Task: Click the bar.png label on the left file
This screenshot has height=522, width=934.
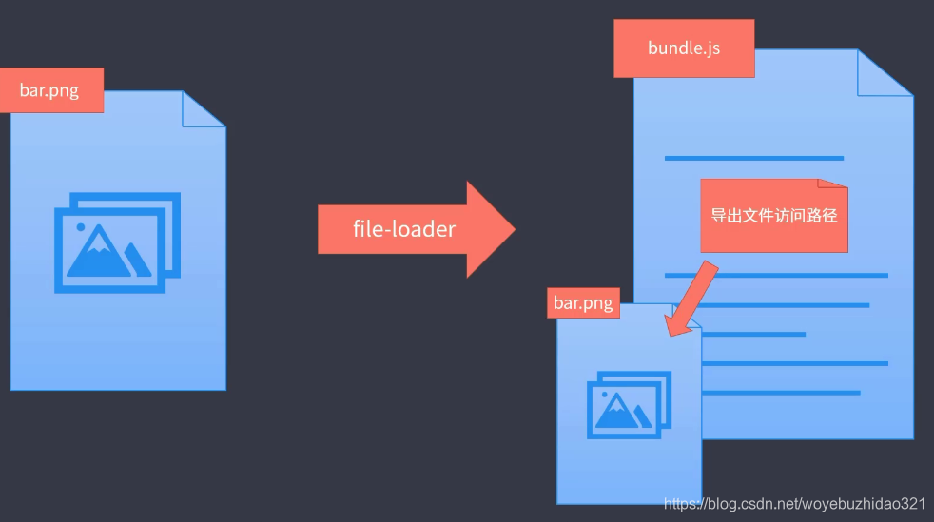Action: [x=49, y=91]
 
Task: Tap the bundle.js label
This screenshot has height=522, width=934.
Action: [x=684, y=48]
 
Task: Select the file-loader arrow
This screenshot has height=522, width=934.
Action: [x=415, y=229]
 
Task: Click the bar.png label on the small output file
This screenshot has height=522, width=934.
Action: [x=583, y=303]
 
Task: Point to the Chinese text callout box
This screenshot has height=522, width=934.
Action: [x=773, y=216]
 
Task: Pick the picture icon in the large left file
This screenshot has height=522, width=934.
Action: [x=117, y=242]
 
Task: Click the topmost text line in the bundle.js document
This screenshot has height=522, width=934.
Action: [x=753, y=158]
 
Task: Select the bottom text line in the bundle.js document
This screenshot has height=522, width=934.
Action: [x=780, y=392]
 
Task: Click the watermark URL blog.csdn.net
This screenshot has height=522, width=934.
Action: [x=794, y=503]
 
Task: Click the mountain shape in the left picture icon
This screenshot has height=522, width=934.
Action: [x=103, y=254]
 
